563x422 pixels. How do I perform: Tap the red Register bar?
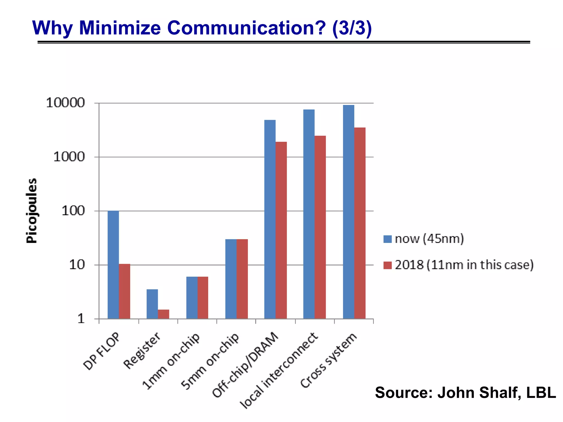point(164,314)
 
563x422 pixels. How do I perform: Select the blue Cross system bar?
point(349,212)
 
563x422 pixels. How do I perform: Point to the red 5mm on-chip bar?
point(242,279)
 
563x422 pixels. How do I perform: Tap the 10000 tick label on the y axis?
point(65,103)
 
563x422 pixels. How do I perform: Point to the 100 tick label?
point(73,211)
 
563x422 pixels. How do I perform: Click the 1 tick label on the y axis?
point(81,319)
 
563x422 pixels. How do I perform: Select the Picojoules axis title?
point(31,211)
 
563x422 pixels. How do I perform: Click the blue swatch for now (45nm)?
point(387,239)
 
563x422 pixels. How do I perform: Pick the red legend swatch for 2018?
point(387,265)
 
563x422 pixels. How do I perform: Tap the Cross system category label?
point(329,360)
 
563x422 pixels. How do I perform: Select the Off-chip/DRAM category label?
point(245,365)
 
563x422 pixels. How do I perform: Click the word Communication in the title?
point(246,28)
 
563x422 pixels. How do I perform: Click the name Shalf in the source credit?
point(500,392)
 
